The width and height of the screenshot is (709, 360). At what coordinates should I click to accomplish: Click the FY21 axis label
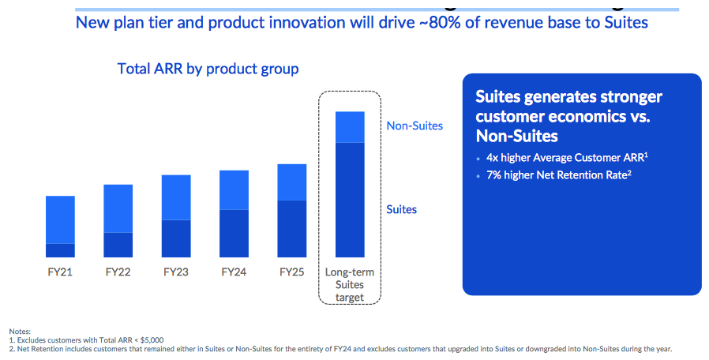[x=60, y=272]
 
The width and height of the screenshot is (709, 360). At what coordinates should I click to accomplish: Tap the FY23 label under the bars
[x=176, y=272]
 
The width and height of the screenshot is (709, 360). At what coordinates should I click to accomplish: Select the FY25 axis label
[x=292, y=272]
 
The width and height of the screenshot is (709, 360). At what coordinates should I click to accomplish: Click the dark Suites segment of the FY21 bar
[x=60, y=250]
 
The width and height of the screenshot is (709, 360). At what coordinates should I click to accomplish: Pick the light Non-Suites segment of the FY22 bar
[x=118, y=208]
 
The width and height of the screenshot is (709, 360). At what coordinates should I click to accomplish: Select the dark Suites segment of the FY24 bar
[x=234, y=233]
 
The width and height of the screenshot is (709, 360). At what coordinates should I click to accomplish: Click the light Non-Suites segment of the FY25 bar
[x=292, y=182]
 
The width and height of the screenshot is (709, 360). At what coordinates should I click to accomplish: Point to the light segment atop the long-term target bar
[x=350, y=127]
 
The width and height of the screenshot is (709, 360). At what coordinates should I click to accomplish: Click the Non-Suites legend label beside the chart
[x=415, y=126]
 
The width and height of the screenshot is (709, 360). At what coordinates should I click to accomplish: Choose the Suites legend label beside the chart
[x=402, y=209]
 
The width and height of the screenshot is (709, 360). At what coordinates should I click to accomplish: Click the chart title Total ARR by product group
[x=208, y=69]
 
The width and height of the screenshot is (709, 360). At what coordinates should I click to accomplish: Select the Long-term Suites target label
[x=350, y=284]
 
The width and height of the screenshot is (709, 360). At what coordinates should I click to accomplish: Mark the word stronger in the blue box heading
[x=622, y=97]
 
